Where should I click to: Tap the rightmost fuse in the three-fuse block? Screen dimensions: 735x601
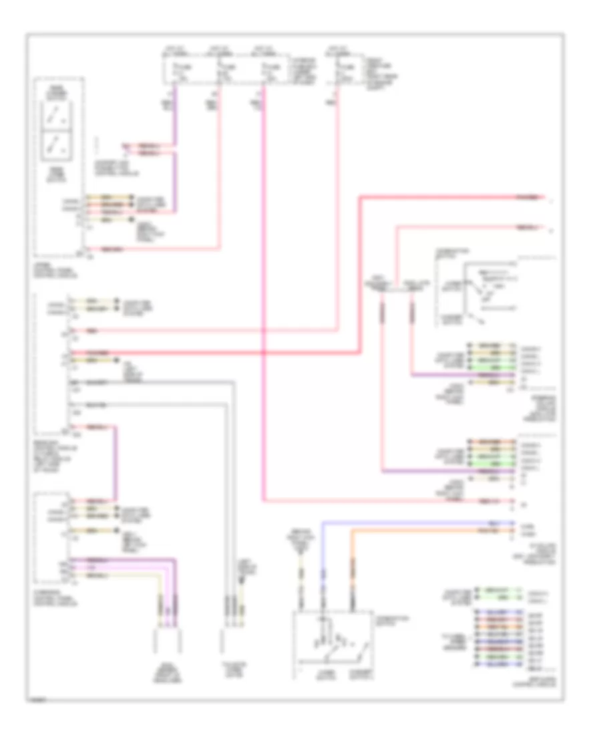[268, 69]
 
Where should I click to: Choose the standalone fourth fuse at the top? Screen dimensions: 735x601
[341, 69]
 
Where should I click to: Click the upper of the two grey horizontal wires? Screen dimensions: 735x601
[154, 381]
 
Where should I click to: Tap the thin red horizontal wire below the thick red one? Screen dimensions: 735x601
[200, 331]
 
